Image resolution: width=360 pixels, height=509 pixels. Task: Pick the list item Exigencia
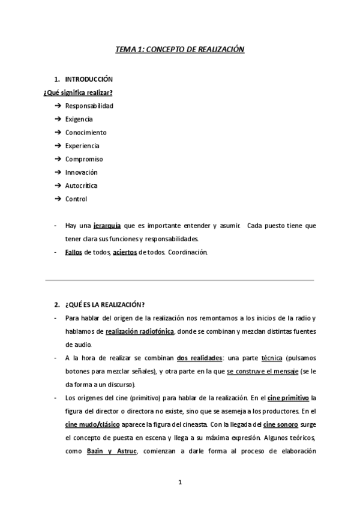79,119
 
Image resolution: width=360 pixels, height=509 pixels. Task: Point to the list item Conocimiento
86,132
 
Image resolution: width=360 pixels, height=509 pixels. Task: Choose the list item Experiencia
83,146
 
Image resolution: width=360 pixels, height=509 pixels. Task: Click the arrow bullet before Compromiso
58,159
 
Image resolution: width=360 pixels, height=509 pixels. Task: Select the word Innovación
82,172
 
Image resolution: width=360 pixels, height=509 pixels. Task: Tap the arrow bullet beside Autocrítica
58,185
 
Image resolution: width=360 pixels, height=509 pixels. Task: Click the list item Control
76,199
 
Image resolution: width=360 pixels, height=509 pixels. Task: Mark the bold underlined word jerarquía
107,226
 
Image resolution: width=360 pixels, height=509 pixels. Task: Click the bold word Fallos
73,252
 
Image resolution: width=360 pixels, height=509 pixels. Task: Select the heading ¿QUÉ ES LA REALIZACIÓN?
105,304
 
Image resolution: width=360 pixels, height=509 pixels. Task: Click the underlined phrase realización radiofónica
140,331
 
